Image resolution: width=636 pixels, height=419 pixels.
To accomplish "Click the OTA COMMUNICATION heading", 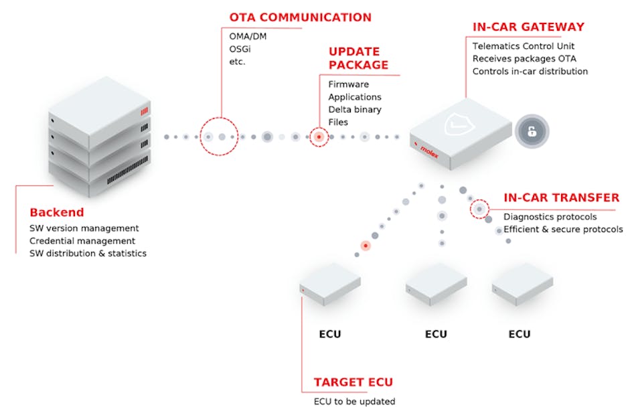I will click(x=300, y=17).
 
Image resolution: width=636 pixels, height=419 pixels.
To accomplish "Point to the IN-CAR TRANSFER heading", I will click(x=561, y=198).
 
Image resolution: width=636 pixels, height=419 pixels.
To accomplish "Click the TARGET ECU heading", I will click(x=353, y=383).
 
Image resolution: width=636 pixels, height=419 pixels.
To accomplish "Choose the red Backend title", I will click(x=56, y=213).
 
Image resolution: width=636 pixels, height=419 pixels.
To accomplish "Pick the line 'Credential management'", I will click(x=82, y=241).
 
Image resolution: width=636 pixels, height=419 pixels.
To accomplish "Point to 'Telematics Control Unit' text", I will click(x=522, y=46).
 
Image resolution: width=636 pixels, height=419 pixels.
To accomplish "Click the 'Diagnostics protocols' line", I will click(x=550, y=217).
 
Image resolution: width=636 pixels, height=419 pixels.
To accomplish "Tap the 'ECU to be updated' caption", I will click(x=354, y=402).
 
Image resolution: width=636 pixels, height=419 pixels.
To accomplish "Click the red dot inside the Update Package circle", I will click(x=319, y=137).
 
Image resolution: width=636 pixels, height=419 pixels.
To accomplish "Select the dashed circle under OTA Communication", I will click(x=219, y=137).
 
